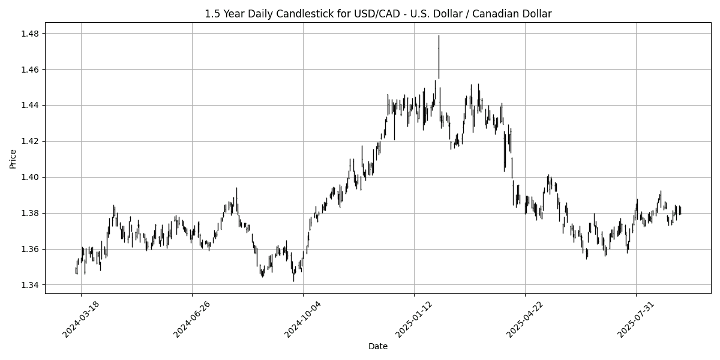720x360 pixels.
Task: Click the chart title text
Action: (378, 13)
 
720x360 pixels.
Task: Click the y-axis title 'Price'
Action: (13, 158)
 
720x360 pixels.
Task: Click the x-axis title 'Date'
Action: (378, 346)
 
